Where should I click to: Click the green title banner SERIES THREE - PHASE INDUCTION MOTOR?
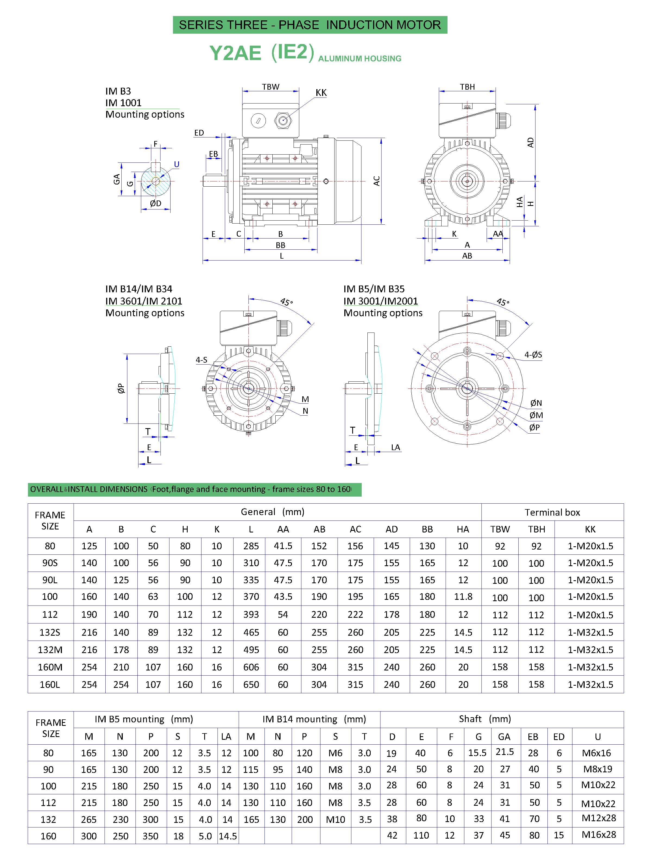point(310,25)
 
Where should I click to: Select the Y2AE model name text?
point(235,53)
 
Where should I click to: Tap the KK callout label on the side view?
point(321,93)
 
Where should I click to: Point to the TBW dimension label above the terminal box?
point(270,87)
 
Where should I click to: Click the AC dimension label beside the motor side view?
point(376,181)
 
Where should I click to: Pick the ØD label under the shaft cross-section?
point(156,203)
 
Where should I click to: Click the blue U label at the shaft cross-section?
point(177,164)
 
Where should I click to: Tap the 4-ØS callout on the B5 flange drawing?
point(533,355)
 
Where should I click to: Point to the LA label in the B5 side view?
point(395,447)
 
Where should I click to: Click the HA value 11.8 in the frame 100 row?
point(463,597)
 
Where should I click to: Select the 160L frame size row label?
point(50,684)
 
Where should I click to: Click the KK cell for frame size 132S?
point(590,632)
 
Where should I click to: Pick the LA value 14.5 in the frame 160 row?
point(227,836)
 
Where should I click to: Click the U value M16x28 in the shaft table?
point(599,835)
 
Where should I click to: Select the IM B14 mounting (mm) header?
point(314,719)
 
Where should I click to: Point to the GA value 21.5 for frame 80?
point(505,752)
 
